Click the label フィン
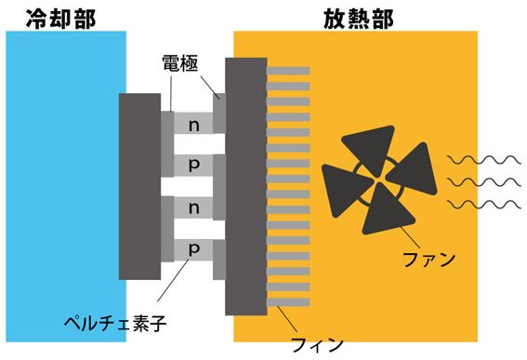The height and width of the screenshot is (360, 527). pos(318,343)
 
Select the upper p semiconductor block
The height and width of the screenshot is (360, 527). pos(193,164)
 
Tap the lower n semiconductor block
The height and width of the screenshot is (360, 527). pos(193,207)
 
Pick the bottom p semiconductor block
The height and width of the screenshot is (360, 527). pos(193,249)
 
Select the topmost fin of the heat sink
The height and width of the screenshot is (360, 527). pos(287,71)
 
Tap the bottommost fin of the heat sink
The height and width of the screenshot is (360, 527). pos(287,303)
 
